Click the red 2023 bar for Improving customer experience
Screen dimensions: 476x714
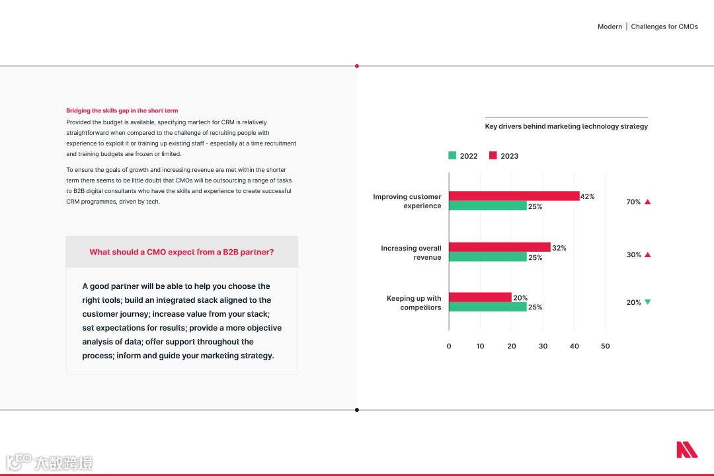[x=514, y=196]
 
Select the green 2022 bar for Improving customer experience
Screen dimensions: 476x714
[x=487, y=206]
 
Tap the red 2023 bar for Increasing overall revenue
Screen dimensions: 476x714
[x=499, y=247]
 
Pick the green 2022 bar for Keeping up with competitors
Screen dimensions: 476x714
[x=487, y=307]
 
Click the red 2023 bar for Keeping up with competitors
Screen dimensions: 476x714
[x=480, y=297]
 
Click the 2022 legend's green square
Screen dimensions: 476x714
[x=452, y=155]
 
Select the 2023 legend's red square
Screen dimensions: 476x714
[x=493, y=155]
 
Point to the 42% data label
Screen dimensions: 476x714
[x=588, y=196]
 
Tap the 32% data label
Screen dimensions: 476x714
[x=559, y=248]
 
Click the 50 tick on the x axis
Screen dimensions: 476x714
[x=605, y=346]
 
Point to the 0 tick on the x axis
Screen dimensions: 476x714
[x=449, y=346]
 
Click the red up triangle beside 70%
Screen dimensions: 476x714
[x=648, y=202]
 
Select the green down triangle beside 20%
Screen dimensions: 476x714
[x=648, y=302]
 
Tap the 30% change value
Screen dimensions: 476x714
[x=633, y=255]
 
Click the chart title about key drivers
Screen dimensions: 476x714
[x=566, y=126]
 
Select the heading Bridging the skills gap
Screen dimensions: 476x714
[x=122, y=110]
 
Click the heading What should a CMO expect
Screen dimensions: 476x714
[x=182, y=252]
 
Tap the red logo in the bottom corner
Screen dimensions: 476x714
[x=686, y=450]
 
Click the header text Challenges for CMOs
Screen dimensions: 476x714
[x=664, y=26]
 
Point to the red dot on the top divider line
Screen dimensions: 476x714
[x=357, y=66]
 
